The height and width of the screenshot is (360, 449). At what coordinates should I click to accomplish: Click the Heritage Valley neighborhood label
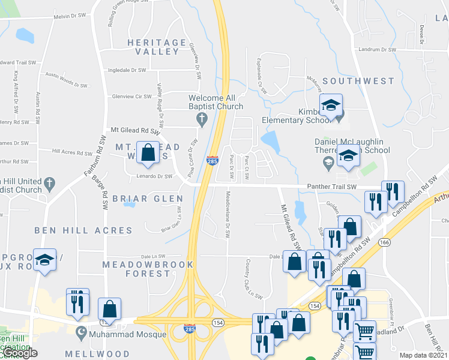[x=157, y=47]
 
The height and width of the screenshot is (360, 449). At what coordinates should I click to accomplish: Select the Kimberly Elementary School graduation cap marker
[x=330, y=107]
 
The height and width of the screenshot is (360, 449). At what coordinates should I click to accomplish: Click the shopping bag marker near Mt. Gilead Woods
[x=148, y=153]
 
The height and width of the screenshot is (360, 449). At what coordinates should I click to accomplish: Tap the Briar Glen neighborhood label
[x=148, y=199]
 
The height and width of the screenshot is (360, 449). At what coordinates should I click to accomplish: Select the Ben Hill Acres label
[x=83, y=230]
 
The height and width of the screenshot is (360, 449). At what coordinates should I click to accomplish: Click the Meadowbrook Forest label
[x=148, y=269]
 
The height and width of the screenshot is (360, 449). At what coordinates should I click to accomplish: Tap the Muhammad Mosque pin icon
[x=81, y=331]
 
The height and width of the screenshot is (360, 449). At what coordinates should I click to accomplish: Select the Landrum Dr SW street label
[x=378, y=50]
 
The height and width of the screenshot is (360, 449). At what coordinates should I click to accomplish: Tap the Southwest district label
[x=358, y=80]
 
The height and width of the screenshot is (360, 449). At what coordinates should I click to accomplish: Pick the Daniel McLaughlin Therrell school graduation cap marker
[x=348, y=156]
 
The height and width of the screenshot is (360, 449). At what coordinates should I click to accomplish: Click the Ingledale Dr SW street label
[x=127, y=70]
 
